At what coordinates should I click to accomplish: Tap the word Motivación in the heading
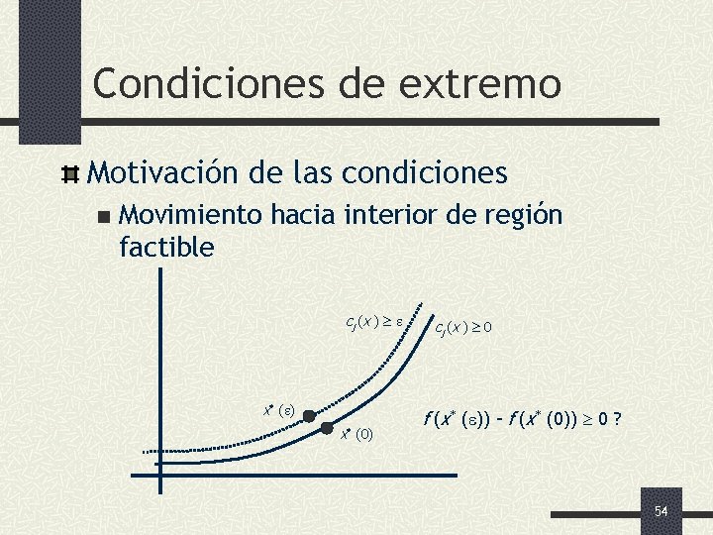click(x=161, y=174)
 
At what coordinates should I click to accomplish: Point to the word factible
click(x=166, y=247)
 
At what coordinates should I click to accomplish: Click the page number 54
click(x=662, y=510)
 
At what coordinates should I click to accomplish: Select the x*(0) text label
click(x=356, y=434)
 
